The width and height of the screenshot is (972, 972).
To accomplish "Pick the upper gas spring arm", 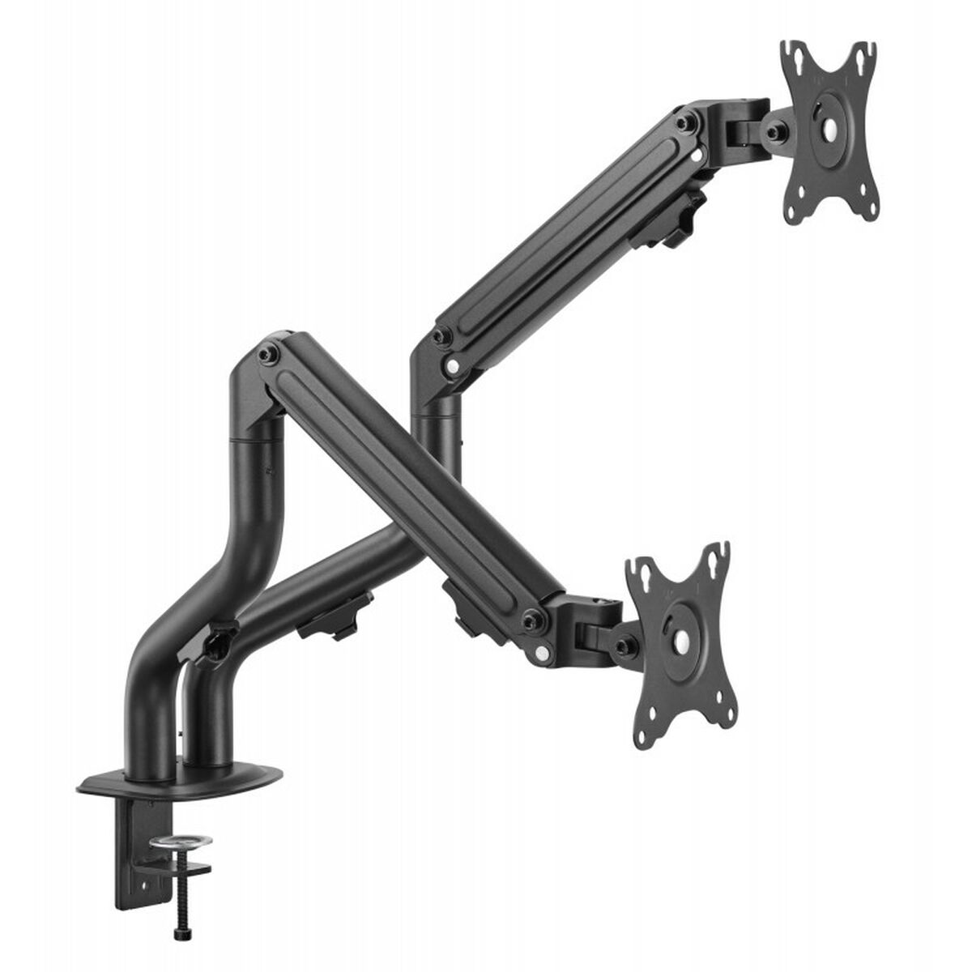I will coord(567,235).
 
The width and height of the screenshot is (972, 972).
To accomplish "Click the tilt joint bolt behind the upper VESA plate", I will coord(775,130).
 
